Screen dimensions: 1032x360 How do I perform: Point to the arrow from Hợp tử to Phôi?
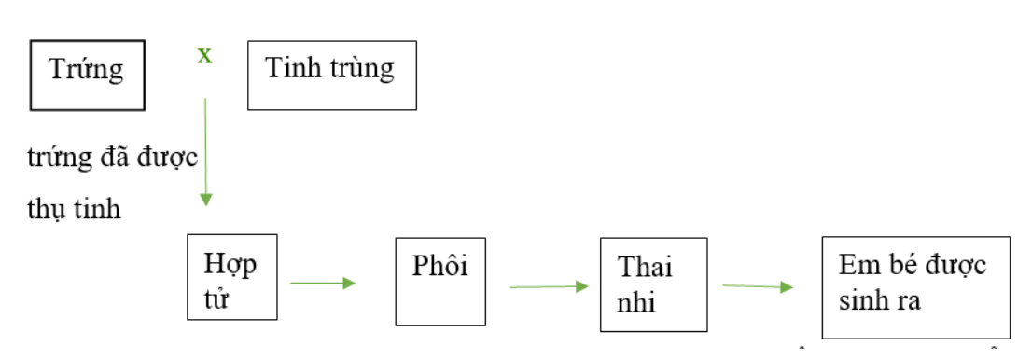323,283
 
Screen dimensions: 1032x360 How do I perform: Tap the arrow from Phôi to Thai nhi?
549,286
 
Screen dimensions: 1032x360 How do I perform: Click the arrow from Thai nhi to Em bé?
758,286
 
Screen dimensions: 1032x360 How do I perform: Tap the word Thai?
645,268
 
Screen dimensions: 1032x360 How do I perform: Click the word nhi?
636,302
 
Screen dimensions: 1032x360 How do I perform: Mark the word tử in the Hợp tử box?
217,300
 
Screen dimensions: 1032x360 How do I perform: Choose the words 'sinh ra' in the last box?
879,300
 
